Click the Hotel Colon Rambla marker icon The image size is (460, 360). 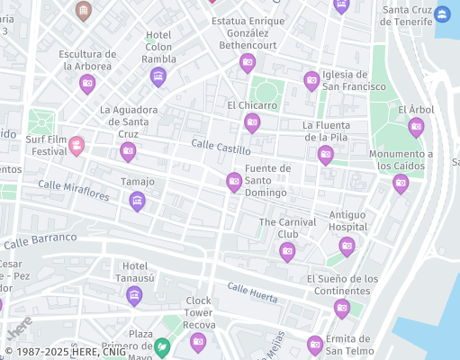(158, 76)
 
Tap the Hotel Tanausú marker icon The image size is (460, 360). (135, 295)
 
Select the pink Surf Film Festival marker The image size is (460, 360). (77, 145)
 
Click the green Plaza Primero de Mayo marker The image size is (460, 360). (162, 345)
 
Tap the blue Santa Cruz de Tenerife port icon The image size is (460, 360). (442, 13)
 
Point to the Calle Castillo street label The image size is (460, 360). (221, 147)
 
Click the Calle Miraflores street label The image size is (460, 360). (74, 190)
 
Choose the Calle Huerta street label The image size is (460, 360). (252, 291)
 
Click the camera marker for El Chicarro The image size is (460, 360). (252, 123)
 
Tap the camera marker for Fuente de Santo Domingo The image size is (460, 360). (234, 183)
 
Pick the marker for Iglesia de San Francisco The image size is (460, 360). (311, 81)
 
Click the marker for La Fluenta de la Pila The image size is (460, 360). (326, 155)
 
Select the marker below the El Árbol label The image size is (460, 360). (416, 127)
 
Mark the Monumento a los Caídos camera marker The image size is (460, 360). (401, 184)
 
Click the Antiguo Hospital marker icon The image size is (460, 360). (347, 246)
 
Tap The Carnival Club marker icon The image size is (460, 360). (287, 251)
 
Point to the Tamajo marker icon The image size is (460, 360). (138, 200)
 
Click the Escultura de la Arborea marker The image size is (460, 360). (87, 84)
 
